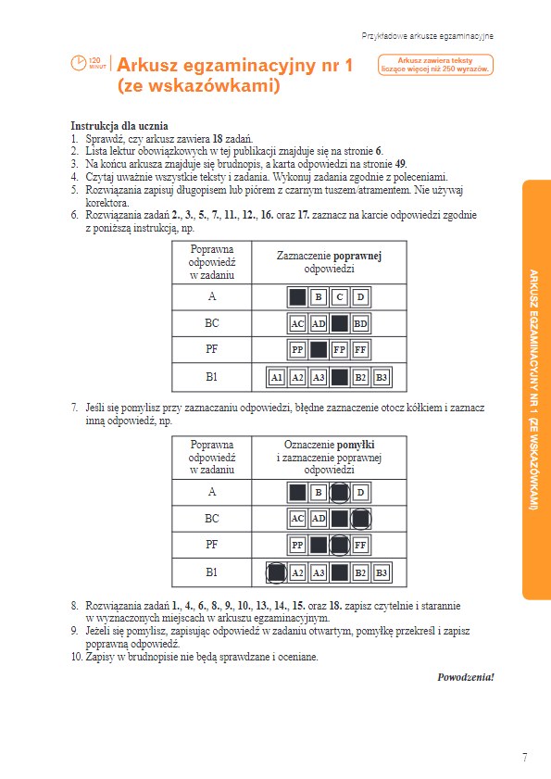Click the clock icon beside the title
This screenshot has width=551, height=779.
(x=79, y=63)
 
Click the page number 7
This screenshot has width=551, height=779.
(x=525, y=758)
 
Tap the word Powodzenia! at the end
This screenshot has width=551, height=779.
(x=466, y=677)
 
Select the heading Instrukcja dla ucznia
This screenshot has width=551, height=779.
(x=119, y=126)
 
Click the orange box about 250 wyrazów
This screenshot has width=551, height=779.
(x=435, y=65)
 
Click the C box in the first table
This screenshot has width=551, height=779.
(x=339, y=297)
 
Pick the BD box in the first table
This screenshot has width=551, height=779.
(x=360, y=324)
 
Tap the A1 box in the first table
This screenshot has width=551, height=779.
(x=276, y=377)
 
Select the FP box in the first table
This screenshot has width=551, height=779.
(x=339, y=350)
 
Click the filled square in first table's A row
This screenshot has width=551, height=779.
(x=297, y=297)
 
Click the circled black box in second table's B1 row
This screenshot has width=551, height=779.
(x=276, y=572)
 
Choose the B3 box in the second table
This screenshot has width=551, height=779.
(x=382, y=572)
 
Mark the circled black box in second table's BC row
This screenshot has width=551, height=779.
(x=360, y=519)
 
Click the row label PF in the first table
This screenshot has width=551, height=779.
(x=212, y=349)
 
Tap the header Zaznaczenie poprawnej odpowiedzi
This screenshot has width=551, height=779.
(x=329, y=262)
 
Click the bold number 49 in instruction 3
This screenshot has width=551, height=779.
(x=400, y=164)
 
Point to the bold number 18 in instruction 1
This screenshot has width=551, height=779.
(x=218, y=139)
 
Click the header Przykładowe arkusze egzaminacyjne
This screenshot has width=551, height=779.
(x=427, y=36)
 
